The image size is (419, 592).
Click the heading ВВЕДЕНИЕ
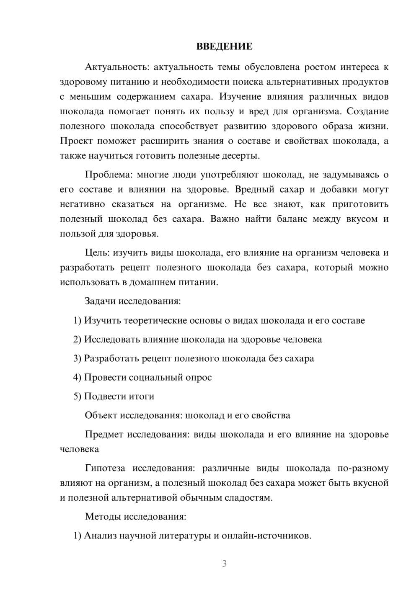click(x=224, y=46)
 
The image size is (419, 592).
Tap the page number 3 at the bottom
click(x=224, y=564)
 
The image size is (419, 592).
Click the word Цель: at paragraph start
click(x=97, y=252)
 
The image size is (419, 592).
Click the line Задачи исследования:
click(x=132, y=301)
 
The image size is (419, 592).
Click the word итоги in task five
click(x=142, y=396)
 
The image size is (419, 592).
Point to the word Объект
click(x=101, y=415)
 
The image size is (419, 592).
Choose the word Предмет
click(x=104, y=434)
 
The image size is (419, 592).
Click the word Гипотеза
click(x=106, y=468)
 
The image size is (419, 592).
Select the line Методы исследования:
click(x=135, y=516)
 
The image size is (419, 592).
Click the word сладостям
click(x=251, y=498)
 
